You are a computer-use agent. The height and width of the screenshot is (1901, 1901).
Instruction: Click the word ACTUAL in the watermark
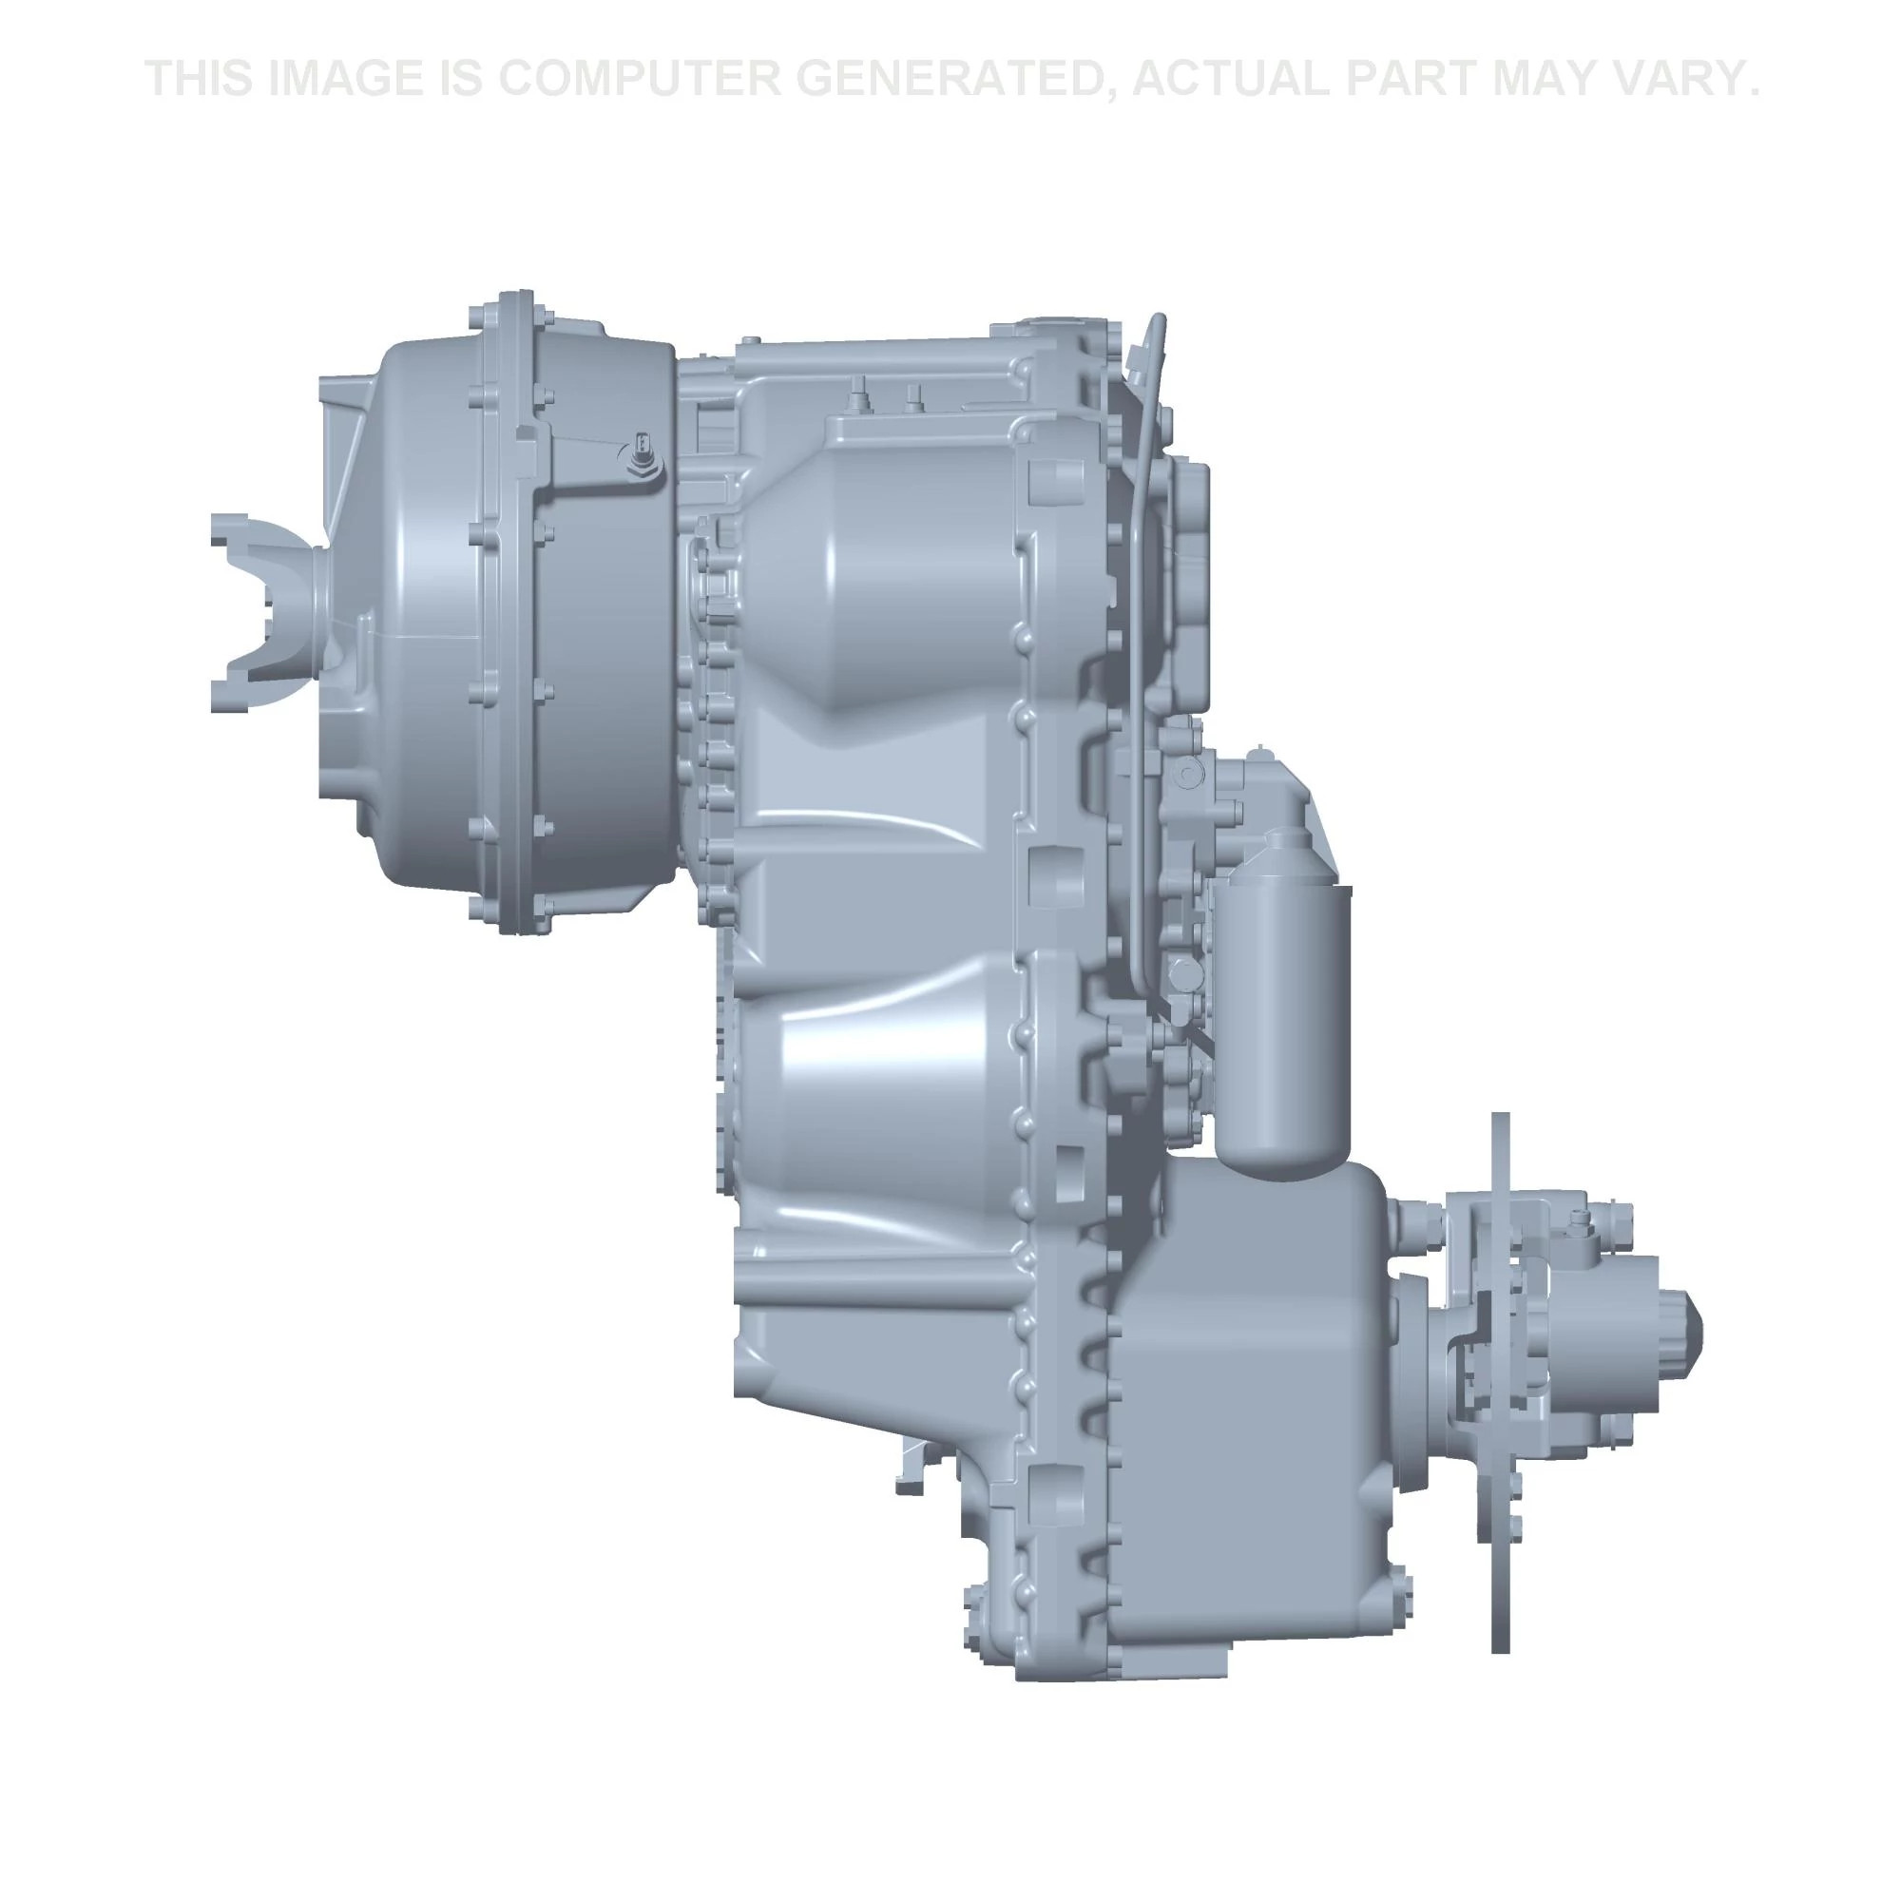point(1235,79)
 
